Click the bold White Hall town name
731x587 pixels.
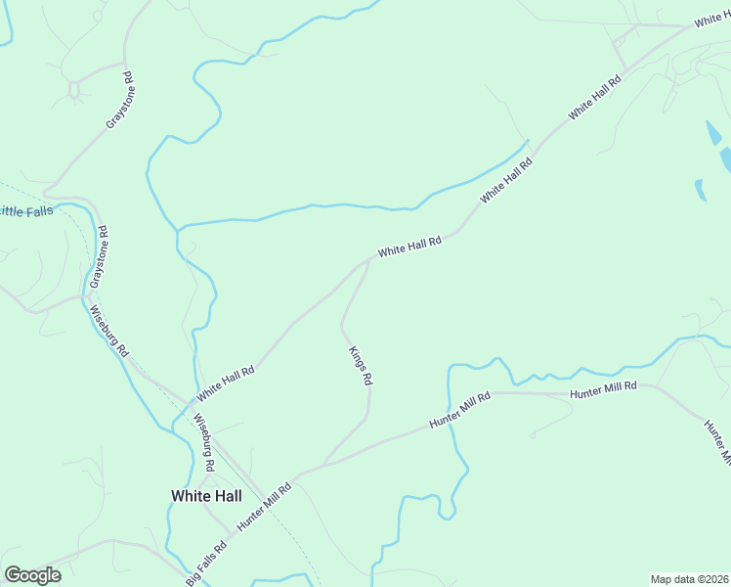(x=206, y=496)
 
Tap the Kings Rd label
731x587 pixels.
(x=360, y=365)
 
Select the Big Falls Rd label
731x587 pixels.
(x=206, y=559)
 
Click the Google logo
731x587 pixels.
(x=32, y=575)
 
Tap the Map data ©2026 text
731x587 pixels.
(x=690, y=579)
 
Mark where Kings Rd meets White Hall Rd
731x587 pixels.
(x=372, y=259)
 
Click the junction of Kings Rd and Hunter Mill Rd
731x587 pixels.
(x=323, y=464)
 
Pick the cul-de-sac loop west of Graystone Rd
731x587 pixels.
(x=73, y=89)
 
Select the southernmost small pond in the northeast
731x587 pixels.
(x=700, y=189)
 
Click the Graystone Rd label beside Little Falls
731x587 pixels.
(x=98, y=256)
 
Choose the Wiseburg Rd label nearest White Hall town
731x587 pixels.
(x=203, y=436)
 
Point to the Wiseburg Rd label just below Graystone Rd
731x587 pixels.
(x=108, y=331)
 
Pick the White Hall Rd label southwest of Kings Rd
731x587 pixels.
(x=225, y=384)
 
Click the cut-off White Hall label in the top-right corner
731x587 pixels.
(x=712, y=20)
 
